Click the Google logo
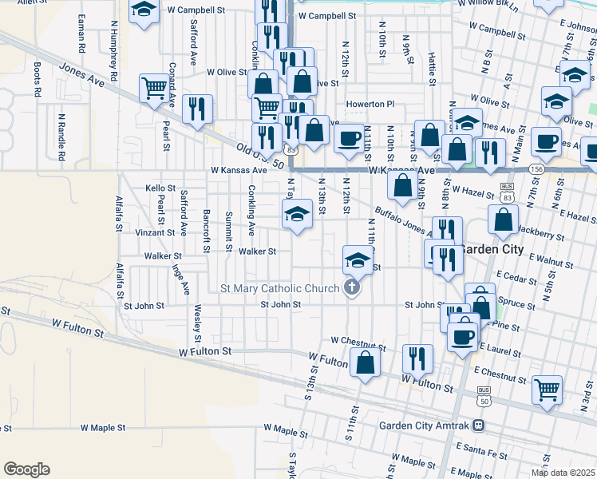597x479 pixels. [x=26, y=469]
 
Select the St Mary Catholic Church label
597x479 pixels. [x=279, y=288]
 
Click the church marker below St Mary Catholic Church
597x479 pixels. [x=350, y=288]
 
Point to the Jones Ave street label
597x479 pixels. [x=82, y=76]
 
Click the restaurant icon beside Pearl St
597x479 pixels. [x=196, y=109]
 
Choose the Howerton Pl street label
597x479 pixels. [x=370, y=105]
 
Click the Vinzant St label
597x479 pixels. [x=154, y=232]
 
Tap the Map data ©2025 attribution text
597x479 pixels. [x=562, y=473]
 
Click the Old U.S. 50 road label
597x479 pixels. [x=260, y=154]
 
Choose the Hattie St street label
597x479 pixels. [x=432, y=69]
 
